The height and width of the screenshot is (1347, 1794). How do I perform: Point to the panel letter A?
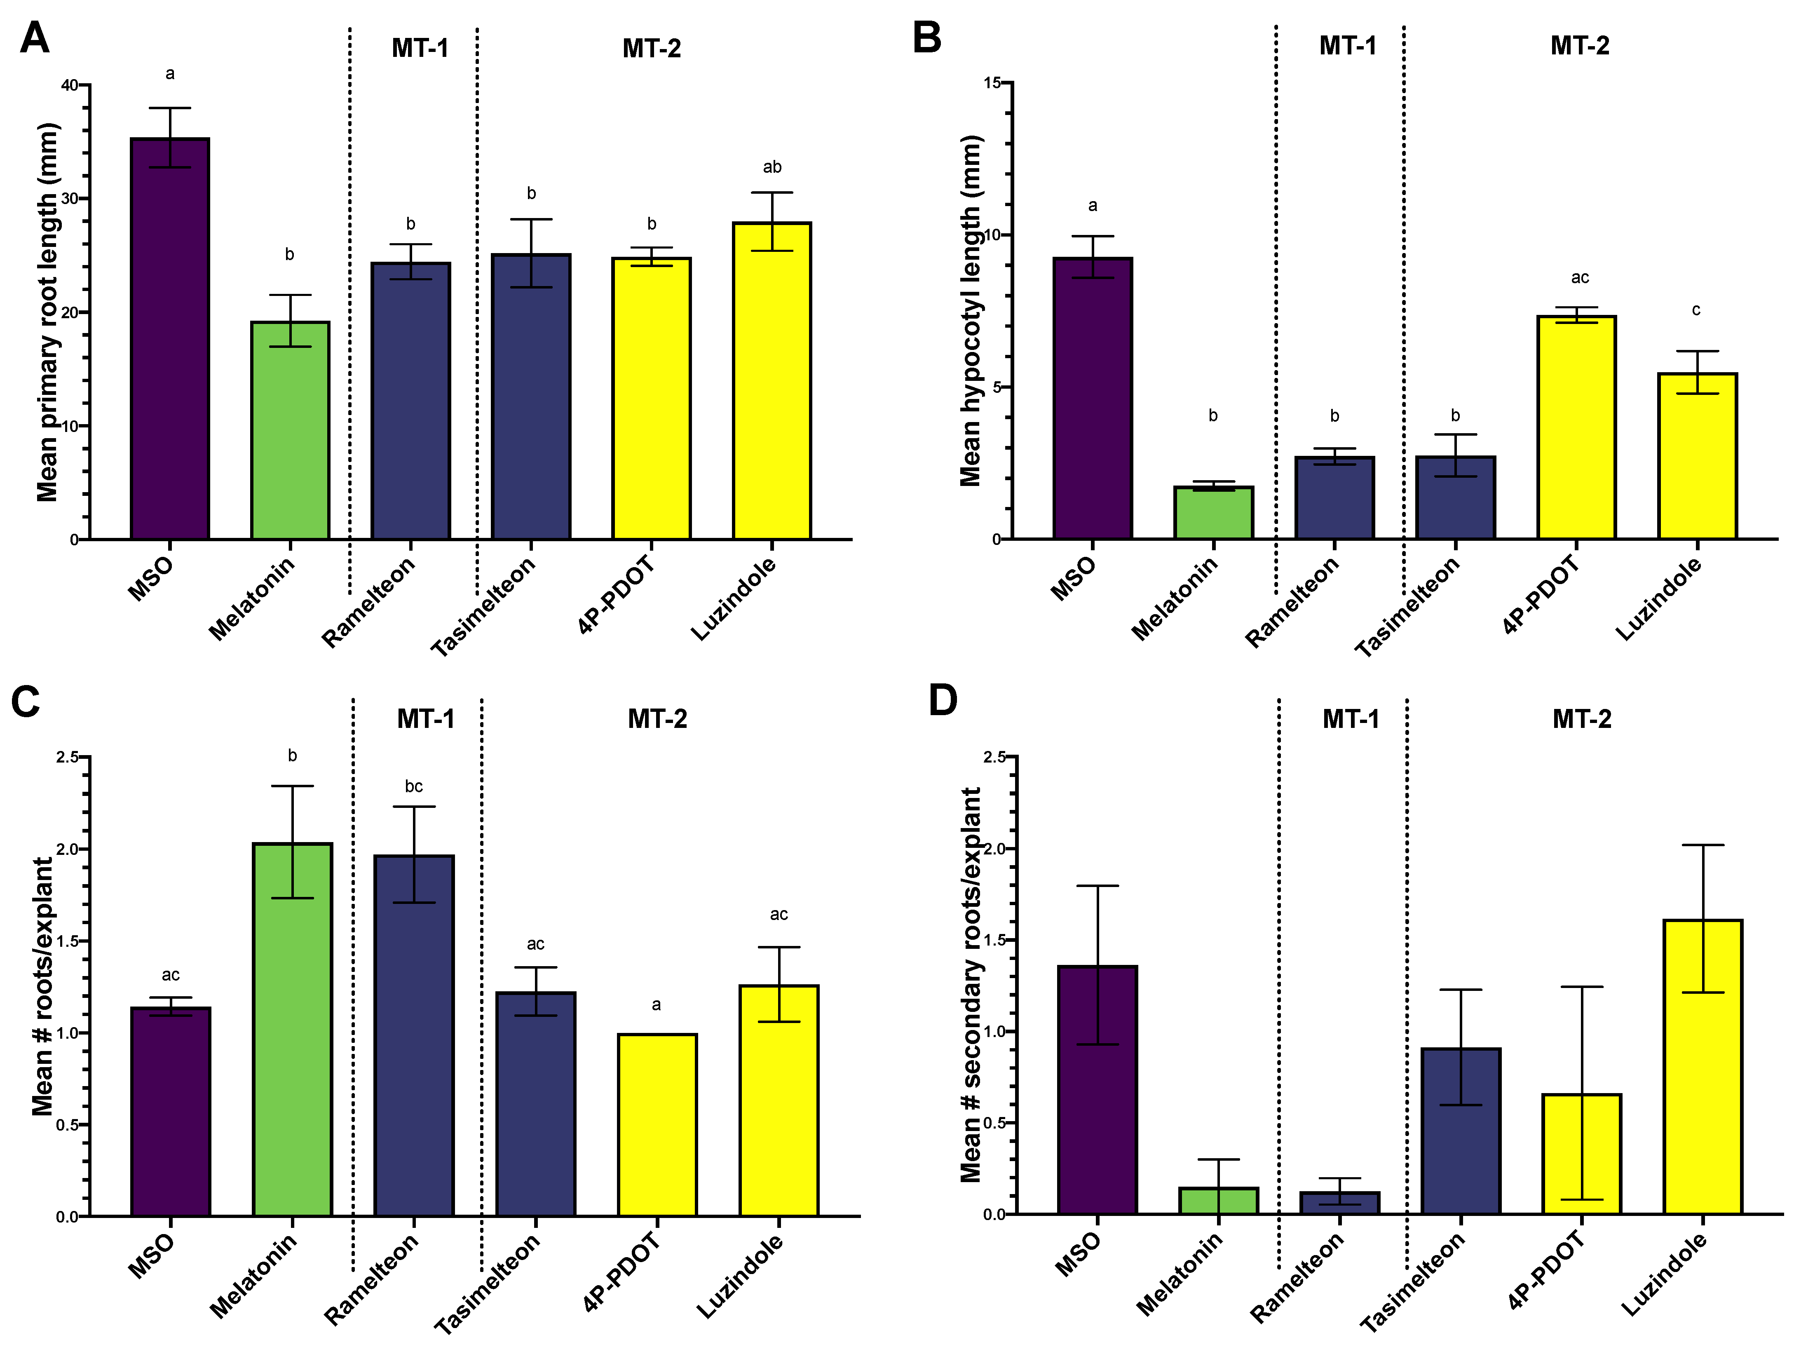pos(35,38)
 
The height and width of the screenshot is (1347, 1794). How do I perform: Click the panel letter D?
pos(943,701)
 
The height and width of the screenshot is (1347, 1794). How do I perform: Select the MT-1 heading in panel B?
pos(1347,46)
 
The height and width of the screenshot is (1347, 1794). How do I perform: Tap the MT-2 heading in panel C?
pos(657,719)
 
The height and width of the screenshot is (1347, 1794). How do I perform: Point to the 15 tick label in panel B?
pos(993,83)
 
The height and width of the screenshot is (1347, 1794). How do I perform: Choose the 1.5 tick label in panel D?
pos(994,940)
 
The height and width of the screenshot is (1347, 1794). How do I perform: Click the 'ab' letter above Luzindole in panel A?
pos(772,167)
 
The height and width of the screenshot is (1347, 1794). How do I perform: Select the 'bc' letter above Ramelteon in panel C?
pos(414,786)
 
